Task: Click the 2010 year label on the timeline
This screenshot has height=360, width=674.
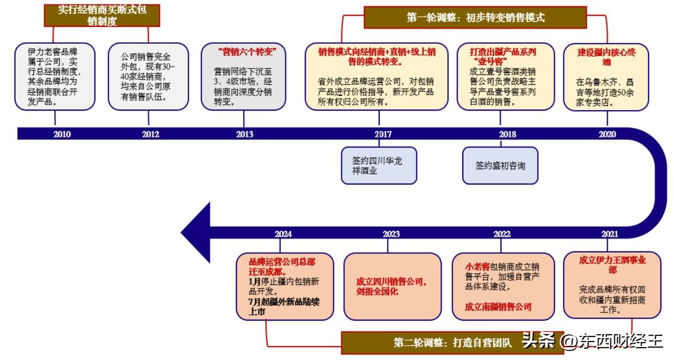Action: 62,134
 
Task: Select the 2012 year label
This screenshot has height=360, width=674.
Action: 151,134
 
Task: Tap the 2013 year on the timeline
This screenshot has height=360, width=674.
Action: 244,134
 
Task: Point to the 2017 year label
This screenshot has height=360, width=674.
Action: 383,134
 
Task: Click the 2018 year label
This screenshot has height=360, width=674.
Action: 507,134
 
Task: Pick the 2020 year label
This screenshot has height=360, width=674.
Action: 607,134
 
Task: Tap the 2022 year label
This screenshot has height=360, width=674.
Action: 502,234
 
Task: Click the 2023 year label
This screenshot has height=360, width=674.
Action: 391,234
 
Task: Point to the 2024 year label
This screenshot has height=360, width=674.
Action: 283,234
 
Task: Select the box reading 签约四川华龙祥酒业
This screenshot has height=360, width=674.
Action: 379,165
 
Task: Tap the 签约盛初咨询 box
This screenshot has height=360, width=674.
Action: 500,165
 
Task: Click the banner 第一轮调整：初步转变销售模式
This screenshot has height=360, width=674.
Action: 475,17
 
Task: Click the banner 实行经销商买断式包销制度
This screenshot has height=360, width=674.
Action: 102,16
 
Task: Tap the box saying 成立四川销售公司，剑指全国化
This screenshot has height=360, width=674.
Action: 392,286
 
